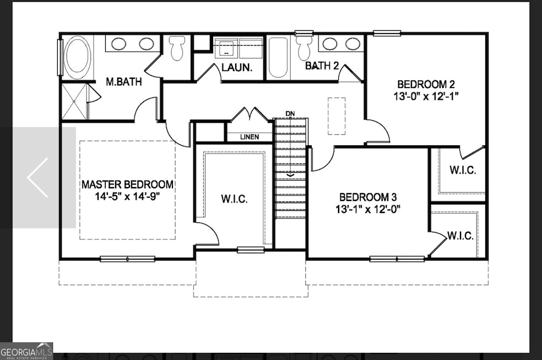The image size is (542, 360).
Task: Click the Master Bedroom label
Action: [x=127, y=184]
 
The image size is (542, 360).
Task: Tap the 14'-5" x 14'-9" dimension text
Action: [x=127, y=196]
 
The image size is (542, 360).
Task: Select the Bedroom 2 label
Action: [x=425, y=84]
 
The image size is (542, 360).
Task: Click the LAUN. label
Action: [x=237, y=68]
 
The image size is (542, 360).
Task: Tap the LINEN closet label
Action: [x=250, y=137]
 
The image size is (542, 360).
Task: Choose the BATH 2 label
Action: [x=322, y=66]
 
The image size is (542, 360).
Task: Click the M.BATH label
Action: [x=124, y=83]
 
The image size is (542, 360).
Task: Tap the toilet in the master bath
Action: [x=177, y=47]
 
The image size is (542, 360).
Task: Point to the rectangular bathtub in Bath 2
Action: [x=277, y=58]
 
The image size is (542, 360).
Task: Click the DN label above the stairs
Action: [x=290, y=114]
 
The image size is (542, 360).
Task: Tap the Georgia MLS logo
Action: [x=27, y=350]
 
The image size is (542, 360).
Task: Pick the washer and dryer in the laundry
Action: [x=238, y=47]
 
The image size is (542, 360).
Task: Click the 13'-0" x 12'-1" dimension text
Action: [x=425, y=96]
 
